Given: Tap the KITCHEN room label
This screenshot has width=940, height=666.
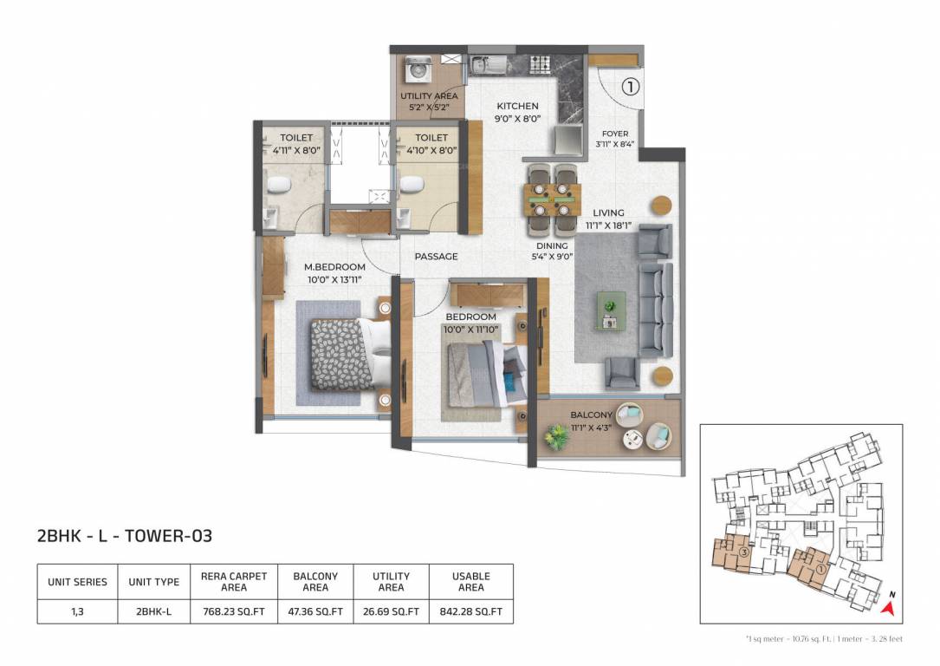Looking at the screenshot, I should pos(517,106).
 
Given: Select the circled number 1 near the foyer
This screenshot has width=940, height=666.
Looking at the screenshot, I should pos(630,86).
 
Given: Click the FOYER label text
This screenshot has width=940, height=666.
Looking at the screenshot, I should pos(615,134).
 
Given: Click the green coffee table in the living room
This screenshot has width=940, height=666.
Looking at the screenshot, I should pos(611,310).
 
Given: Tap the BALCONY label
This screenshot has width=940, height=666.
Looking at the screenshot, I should pos(591,415).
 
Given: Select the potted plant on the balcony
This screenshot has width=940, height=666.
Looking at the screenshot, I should pos(554,437).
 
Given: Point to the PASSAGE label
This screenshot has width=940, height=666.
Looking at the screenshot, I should pos(436,257).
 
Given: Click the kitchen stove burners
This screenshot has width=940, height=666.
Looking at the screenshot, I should pos(540,63).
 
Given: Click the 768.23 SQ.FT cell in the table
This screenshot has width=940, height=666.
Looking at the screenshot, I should pos(234,611).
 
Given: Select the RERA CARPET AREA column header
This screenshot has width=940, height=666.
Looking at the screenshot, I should pos(234,581).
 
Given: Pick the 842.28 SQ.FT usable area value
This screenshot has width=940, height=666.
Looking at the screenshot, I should pos(470,611).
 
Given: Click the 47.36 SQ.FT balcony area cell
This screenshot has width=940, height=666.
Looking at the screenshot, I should pos(315,611).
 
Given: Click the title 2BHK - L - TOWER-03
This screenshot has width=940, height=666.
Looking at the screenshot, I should pos(125,536).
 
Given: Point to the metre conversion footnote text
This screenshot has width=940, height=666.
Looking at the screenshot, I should pos(823,639).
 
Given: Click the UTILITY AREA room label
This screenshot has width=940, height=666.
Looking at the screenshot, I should pos(429,96).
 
